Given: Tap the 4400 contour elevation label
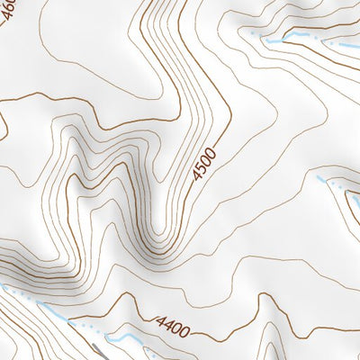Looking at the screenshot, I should tap(173, 327).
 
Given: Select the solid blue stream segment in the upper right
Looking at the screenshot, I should tap(288, 40).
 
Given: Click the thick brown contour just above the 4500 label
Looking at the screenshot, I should tap(220, 126).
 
